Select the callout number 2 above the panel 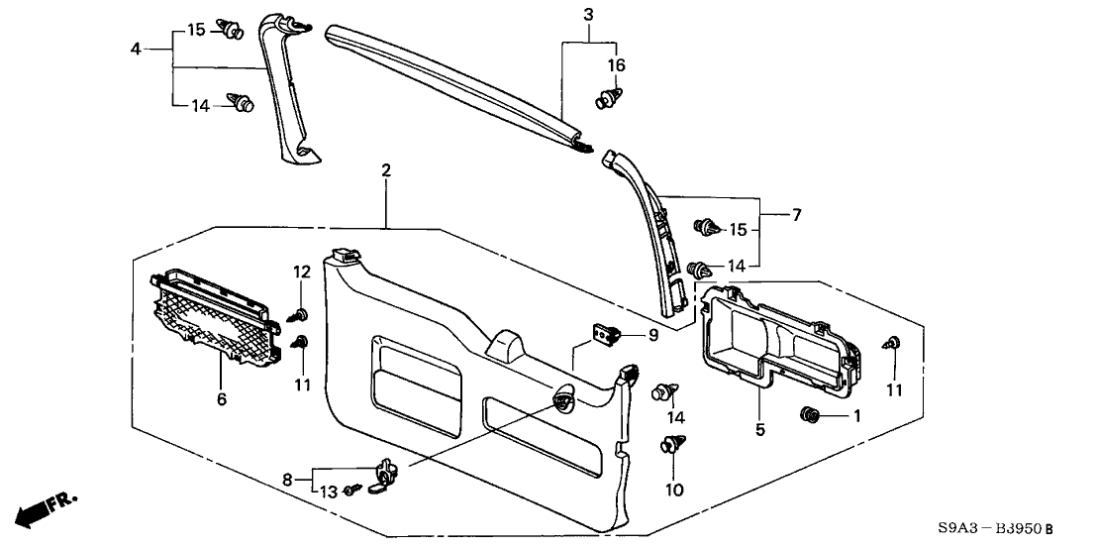tap(385, 171)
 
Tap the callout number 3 tap(588, 14)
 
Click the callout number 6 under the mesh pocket tap(221, 399)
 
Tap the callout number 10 tap(674, 490)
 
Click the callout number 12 tap(301, 272)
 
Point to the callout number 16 tap(616, 64)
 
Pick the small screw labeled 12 tap(299, 314)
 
